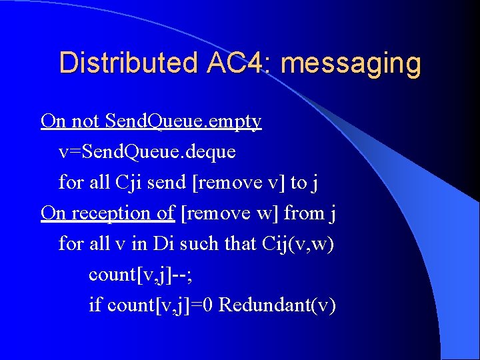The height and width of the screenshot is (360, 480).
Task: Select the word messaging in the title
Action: click(351, 63)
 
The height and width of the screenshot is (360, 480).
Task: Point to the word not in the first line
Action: click(84, 121)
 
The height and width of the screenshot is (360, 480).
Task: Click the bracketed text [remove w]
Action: click(230, 213)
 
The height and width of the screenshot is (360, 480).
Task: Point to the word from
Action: click(303, 213)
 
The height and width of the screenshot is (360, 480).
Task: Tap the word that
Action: click(239, 243)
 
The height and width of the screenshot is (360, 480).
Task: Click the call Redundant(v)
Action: click(277, 305)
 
